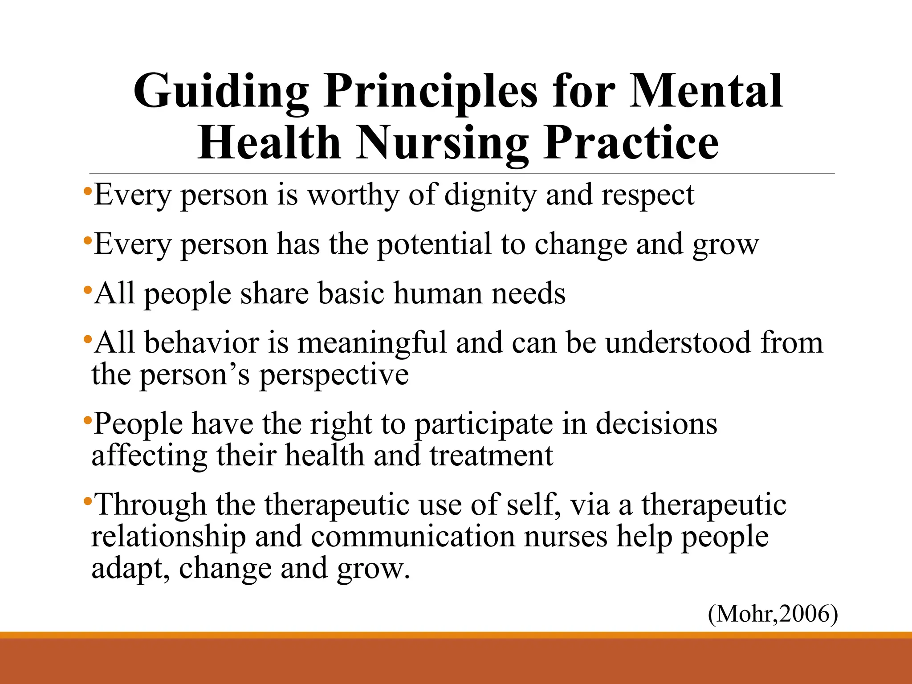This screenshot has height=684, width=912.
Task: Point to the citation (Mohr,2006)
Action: (773, 614)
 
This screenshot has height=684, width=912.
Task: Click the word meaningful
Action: (372, 343)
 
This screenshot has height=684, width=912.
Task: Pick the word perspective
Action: (334, 375)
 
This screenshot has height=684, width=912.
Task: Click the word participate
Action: (484, 424)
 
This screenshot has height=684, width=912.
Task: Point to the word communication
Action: (412, 537)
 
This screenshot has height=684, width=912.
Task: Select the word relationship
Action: (168, 537)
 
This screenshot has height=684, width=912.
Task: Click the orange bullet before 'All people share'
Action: (88, 290)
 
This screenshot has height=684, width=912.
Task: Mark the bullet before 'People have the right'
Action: (88, 420)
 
